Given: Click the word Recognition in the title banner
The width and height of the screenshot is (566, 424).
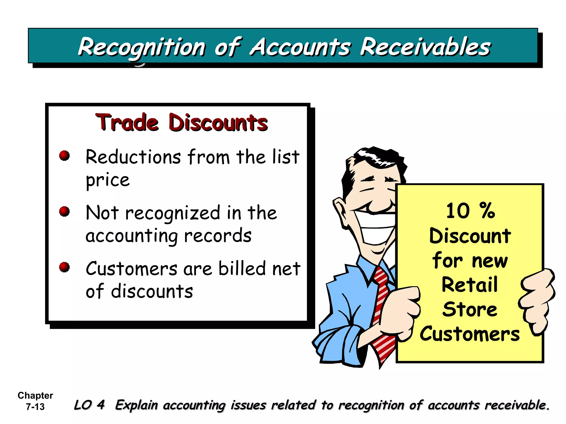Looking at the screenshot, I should pyautogui.click(x=141, y=47).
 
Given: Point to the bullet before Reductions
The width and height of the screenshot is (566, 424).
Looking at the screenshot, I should pyautogui.click(x=64, y=155).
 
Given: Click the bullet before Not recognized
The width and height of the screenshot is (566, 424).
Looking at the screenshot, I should pyautogui.click(x=64, y=211).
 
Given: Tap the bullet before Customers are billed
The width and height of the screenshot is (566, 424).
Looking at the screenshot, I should pyautogui.click(x=64, y=267).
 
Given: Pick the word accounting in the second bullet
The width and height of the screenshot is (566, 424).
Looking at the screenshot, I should pyautogui.click(x=132, y=236).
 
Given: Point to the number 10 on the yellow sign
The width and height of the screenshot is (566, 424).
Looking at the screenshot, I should pyautogui.click(x=458, y=211).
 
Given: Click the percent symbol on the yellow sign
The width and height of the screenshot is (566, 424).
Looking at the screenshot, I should pyautogui.click(x=487, y=210).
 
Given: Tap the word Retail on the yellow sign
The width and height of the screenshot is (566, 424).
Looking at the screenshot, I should pyautogui.click(x=470, y=285).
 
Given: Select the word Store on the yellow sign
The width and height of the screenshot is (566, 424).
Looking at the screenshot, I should pyautogui.click(x=470, y=309).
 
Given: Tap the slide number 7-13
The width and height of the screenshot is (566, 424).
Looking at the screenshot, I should pyautogui.click(x=35, y=407).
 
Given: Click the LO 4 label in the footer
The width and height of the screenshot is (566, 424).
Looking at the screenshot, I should pyautogui.click(x=89, y=405).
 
